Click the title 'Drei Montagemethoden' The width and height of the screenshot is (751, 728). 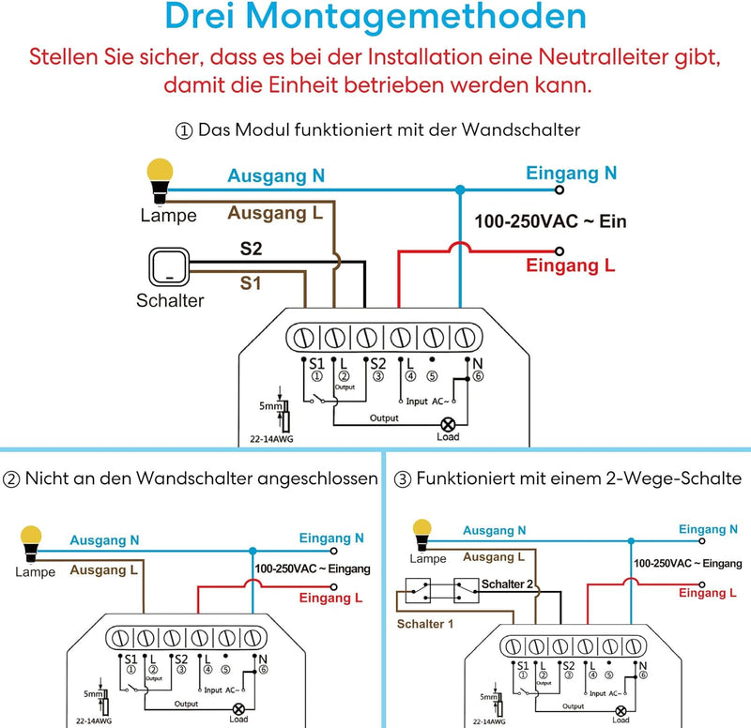pyautogui.click(x=375, y=19)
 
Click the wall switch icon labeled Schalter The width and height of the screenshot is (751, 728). pyautogui.click(x=169, y=265)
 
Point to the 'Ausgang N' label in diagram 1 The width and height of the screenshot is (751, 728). pyautogui.click(x=278, y=175)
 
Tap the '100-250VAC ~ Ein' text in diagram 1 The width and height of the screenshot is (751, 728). pyautogui.click(x=550, y=222)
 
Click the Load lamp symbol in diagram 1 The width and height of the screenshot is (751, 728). pyautogui.click(x=448, y=424)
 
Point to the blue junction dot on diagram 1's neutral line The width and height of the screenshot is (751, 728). pyautogui.click(x=459, y=190)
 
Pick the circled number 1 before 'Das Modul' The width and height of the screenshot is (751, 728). pyautogui.click(x=183, y=129)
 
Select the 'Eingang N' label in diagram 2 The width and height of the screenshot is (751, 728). pyautogui.click(x=331, y=538)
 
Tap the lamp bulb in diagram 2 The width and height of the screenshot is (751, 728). pyautogui.click(x=34, y=539)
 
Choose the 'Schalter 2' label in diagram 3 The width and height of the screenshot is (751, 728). pyautogui.click(x=510, y=584)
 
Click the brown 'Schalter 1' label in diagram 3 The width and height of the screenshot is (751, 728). pyautogui.click(x=424, y=624)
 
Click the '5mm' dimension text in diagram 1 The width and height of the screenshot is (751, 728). pyautogui.click(x=270, y=407)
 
